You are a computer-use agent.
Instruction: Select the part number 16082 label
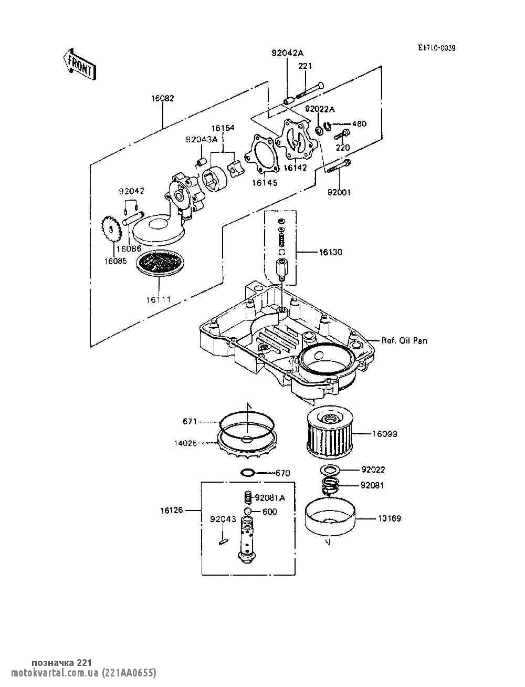point(163,98)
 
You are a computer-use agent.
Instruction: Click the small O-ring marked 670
point(248,473)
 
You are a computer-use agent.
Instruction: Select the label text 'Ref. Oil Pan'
point(404,341)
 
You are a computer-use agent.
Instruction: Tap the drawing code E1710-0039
point(436,48)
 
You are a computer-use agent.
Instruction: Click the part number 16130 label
point(330,252)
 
